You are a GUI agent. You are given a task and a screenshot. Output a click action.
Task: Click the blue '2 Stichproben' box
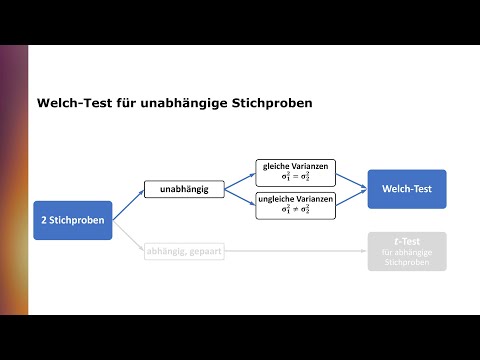[73, 219]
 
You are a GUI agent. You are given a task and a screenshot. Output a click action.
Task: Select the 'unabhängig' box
[184, 189]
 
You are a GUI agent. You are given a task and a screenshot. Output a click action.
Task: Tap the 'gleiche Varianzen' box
[295, 171]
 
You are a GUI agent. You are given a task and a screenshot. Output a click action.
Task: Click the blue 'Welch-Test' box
[406, 189]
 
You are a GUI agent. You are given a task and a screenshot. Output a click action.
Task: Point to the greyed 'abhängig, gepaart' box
[184, 251]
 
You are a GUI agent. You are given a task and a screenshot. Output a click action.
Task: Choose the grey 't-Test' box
[406, 251]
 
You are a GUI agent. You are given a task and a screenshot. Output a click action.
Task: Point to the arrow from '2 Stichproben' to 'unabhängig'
[128, 203]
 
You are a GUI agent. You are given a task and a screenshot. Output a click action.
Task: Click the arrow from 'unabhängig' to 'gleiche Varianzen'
[238, 180]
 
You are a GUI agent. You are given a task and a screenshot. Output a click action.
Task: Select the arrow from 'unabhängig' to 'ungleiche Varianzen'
[238, 198]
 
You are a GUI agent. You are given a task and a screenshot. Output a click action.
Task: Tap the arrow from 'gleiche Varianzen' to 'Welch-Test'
[349, 178]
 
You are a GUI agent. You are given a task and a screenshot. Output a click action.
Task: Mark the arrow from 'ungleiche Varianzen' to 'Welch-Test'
[349, 200]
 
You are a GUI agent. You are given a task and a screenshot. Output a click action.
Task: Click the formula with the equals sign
[295, 177]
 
